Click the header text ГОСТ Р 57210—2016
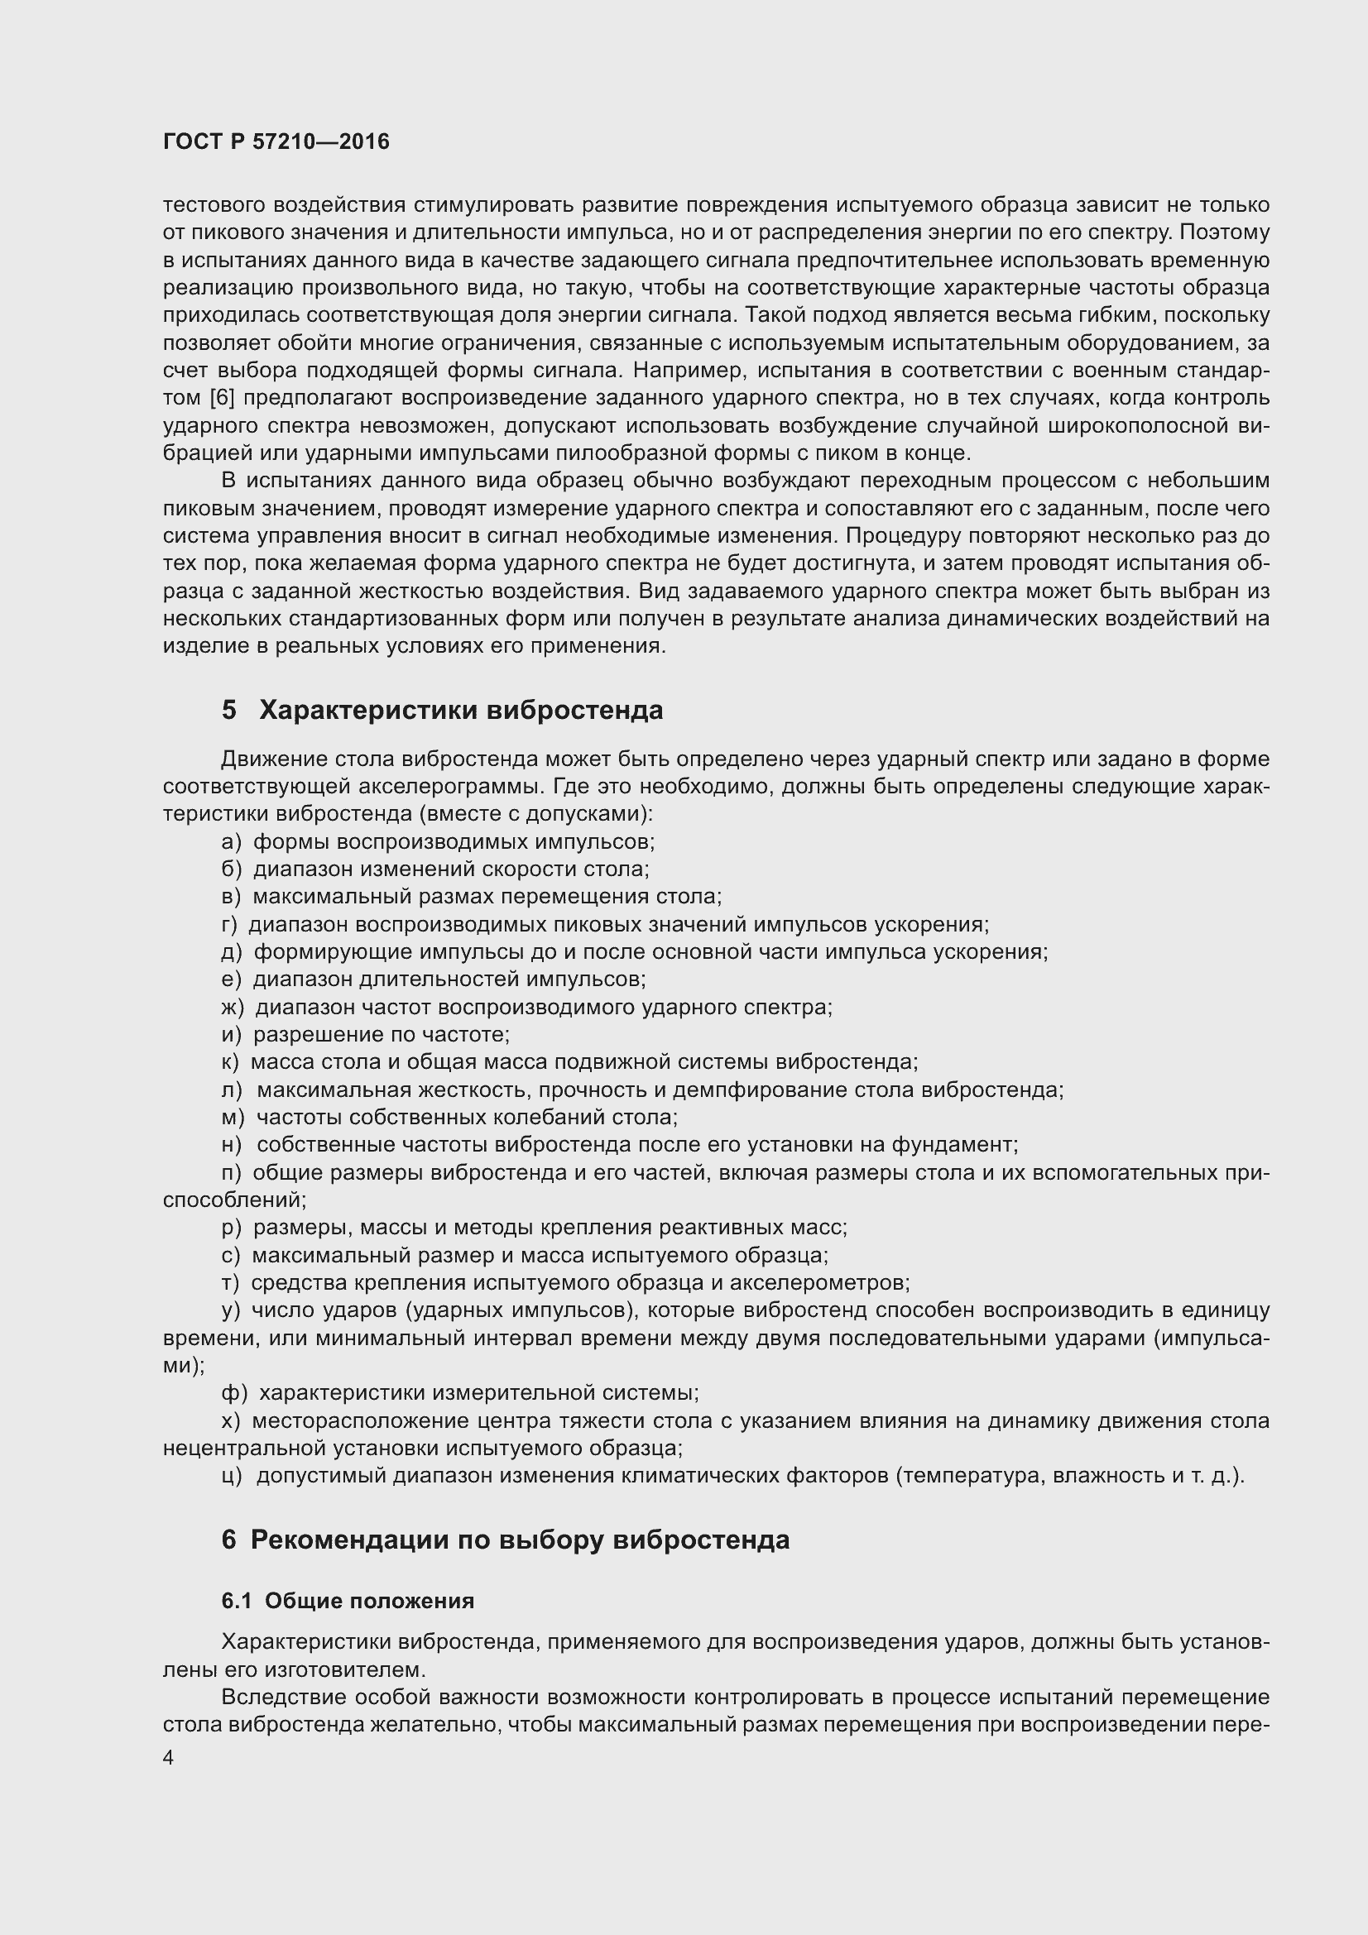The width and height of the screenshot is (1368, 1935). point(276,141)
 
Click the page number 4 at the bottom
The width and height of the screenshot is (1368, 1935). point(169,1758)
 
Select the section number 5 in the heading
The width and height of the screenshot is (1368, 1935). point(229,711)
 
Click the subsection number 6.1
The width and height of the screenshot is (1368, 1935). point(237,1602)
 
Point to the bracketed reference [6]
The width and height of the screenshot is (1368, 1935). point(221,397)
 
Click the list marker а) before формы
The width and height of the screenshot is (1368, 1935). point(231,842)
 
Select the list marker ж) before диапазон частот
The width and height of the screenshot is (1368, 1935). point(233,1007)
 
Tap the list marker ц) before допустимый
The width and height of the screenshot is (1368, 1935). point(233,1476)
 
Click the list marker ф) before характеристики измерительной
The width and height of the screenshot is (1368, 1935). point(234,1393)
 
